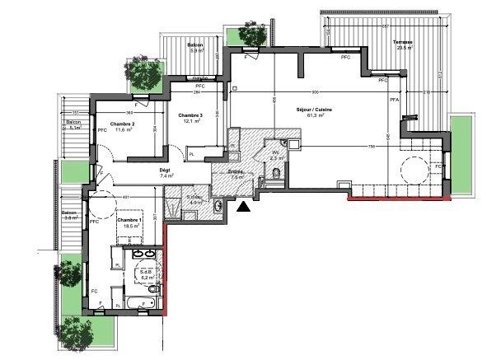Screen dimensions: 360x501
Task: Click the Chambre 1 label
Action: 129,220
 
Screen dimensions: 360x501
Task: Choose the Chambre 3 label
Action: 190,115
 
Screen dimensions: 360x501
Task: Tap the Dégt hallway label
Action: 165,170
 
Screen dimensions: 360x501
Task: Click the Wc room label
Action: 275,152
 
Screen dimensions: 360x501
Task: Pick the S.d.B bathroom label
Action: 147,272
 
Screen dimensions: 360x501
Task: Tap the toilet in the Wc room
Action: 276,171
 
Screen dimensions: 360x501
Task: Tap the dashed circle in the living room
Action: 413,174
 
